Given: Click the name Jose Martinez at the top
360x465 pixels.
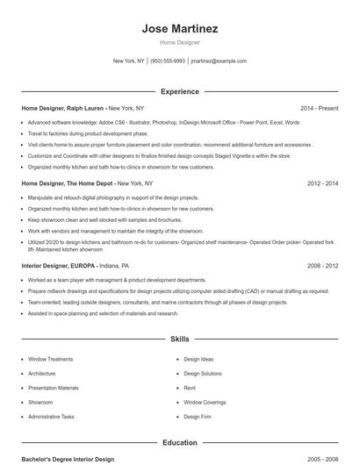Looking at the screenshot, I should click(x=179, y=29).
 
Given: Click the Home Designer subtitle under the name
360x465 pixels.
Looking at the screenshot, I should click(x=179, y=42).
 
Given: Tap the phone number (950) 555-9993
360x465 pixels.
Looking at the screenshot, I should click(x=167, y=61).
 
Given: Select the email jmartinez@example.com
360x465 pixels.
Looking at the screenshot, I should click(x=219, y=61).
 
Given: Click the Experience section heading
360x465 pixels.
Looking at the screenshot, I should click(x=179, y=91).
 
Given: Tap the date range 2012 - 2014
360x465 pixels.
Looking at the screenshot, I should click(x=322, y=183).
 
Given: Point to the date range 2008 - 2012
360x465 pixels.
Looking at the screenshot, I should click(x=322, y=265).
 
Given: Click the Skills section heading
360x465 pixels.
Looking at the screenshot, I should click(x=179, y=338).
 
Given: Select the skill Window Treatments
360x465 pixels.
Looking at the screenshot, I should click(x=51, y=359).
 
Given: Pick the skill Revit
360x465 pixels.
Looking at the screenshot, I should click(x=190, y=388).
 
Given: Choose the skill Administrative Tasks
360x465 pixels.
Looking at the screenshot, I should click(x=52, y=417).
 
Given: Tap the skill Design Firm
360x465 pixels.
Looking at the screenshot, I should click(x=197, y=417).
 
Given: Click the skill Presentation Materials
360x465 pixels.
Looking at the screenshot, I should click(x=54, y=388).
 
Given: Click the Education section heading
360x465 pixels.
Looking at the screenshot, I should click(x=179, y=443).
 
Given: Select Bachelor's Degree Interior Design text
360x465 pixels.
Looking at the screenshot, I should click(x=68, y=459).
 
